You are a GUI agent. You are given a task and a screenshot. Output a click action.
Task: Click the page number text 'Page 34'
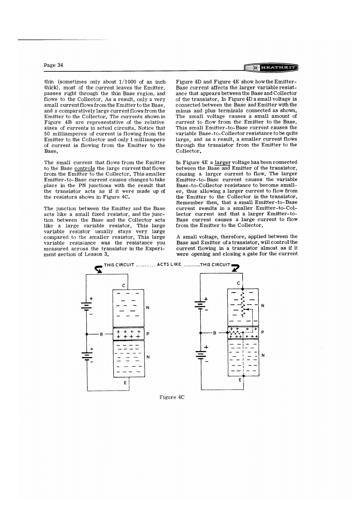coord(54,65)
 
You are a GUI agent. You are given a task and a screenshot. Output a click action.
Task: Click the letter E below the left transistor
coord(124,383)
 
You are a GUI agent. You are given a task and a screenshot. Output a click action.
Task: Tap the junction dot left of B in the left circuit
coord(86,334)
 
